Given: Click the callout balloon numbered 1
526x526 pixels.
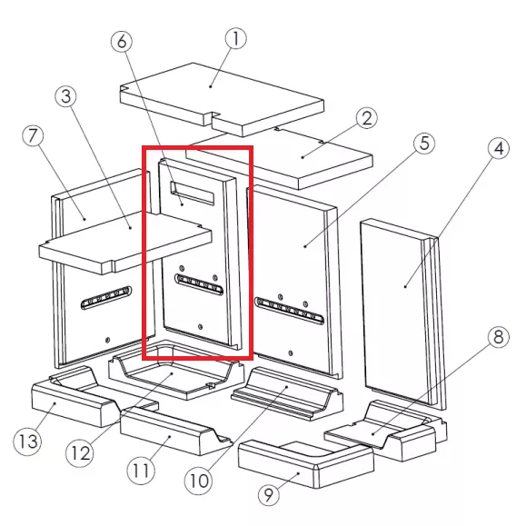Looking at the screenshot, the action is point(236,38).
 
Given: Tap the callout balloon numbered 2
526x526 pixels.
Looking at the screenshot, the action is point(367,118).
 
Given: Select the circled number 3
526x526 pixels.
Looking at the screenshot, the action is point(65,96).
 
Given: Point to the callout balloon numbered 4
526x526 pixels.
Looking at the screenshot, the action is point(499,148).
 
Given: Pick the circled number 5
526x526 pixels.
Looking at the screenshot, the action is point(424,144).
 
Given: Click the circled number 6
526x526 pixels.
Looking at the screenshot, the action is point(122,41).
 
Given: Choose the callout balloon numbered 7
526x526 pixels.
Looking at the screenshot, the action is point(33,136).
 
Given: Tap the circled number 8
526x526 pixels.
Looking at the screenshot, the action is point(499,336).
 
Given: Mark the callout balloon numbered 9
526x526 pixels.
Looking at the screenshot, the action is point(269,494).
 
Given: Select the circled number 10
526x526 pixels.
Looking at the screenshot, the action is point(199,481).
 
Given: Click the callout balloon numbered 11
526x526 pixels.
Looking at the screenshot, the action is point(141,471).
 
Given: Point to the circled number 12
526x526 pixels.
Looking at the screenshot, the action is point(81,453).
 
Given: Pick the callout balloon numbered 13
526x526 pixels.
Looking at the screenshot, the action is point(28,442).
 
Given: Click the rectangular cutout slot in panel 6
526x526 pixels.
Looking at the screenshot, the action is point(192,193).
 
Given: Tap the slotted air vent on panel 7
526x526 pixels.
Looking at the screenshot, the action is point(106,297).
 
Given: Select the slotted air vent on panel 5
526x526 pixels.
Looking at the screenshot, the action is point(290,311).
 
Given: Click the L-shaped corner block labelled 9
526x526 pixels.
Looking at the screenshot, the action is point(305,464).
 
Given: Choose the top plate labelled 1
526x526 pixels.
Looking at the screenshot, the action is point(222,99).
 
